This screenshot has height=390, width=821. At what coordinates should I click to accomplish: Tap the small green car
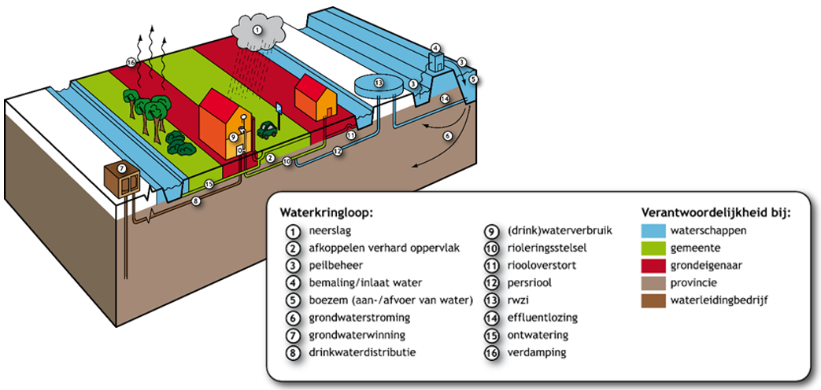(x=268, y=127)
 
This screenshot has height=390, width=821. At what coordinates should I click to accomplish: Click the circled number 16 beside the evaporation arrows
(x=131, y=63)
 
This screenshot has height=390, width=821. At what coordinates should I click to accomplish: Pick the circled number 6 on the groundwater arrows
(x=448, y=135)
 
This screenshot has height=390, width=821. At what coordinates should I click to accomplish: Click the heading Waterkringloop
(x=326, y=212)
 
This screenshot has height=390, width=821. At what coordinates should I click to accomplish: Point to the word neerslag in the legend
(x=330, y=231)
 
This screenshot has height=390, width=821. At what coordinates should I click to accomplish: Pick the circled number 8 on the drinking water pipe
(x=197, y=201)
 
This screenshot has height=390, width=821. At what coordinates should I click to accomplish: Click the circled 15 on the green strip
(x=209, y=185)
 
